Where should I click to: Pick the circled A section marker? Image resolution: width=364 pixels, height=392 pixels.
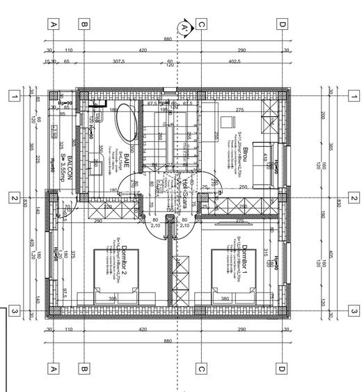click(184, 28)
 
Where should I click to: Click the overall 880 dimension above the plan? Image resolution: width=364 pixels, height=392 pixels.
click(168, 40)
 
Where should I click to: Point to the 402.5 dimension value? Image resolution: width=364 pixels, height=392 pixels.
click(233, 62)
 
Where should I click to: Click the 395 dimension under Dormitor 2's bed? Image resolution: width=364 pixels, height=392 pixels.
click(112, 299)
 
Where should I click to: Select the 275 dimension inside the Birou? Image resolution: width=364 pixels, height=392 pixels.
click(239, 110)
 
